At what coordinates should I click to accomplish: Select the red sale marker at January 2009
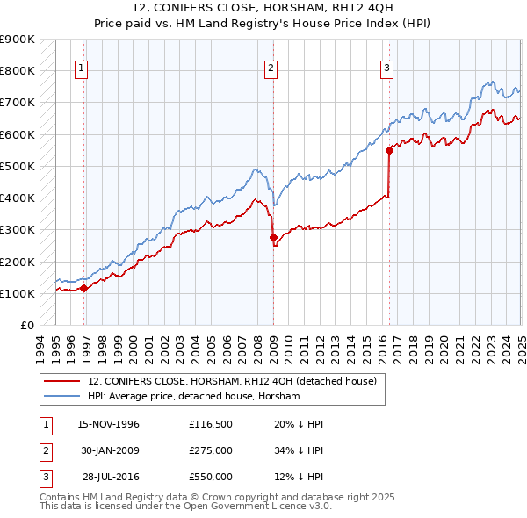(x=272, y=237)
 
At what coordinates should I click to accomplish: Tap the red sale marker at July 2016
(x=389, y=150)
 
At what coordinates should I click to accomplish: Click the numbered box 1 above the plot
(x=82, y=69)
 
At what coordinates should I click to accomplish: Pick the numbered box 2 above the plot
(x=271, y=69)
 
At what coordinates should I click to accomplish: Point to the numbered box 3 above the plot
(x=387, y=69)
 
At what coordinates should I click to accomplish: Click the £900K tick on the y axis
(x=18, y=40)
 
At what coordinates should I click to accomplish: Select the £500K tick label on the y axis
(x=18, y=166)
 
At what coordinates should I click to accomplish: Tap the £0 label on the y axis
(x=26, y=325)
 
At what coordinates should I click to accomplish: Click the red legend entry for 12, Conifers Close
(x=232, y=381)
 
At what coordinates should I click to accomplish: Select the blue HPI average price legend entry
(x=193, y=397)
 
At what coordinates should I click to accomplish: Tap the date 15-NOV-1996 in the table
(x=108, y=424)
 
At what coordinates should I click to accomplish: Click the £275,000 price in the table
(x=211, y=450)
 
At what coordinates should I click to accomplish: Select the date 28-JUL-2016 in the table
(x=108, y=477)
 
